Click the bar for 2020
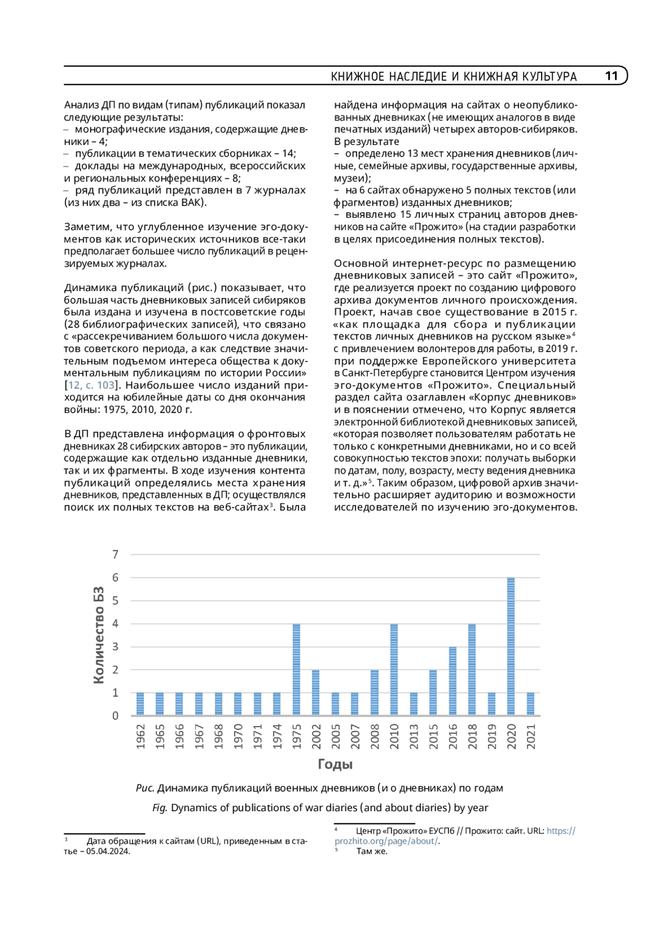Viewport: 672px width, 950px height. tap(511, 646)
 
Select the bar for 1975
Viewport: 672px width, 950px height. tap(296, 669)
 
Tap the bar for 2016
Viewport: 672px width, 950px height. tap(452, 681)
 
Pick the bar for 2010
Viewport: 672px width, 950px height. tap(394, 669)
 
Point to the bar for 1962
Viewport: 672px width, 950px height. tap(141, 704)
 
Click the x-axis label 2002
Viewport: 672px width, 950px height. tap(316, 736)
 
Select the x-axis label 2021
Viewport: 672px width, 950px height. tap(531, 736)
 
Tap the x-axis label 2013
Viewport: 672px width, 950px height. tap(414, 736)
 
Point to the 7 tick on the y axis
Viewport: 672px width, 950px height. tap(115, 554)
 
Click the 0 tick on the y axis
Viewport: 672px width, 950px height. tap(115, 715)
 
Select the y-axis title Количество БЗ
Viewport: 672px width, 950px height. tap(99, 635)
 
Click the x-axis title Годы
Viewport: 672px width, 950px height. tap(335, 764)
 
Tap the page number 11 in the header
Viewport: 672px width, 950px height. tap(611, 76)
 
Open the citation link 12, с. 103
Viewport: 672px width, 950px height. tap(91, 385)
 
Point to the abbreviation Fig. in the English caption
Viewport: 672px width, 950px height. tap(160, 808)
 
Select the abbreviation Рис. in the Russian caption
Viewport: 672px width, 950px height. tap(145, 788)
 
